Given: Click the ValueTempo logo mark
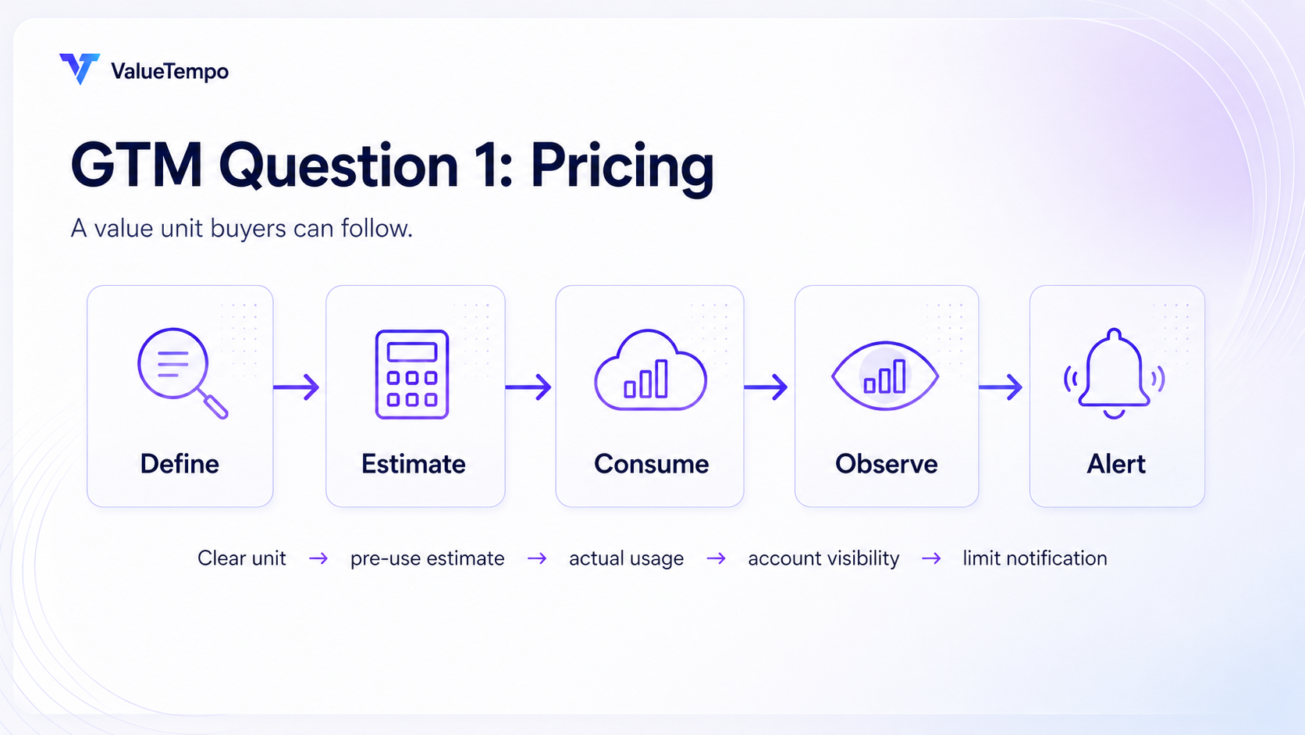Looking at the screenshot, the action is (80, 69).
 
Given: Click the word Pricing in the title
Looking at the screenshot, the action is (622, 169).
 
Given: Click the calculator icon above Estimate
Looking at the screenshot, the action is (412, 374).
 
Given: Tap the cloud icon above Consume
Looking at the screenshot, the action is (650, 370).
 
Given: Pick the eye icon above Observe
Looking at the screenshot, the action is (885, 376).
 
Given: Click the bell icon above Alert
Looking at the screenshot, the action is (1114, 373).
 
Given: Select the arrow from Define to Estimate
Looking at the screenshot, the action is (296, 387).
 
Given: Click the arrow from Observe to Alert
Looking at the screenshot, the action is (1001, 387).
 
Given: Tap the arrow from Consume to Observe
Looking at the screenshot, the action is (766, 387).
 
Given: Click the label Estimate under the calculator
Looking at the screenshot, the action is (414, 464).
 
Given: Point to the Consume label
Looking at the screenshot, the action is (652, 464).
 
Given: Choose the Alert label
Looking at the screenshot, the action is (1116, 464).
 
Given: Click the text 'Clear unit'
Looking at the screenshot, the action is (242, 558).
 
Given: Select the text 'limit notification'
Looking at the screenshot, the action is (1035, 558).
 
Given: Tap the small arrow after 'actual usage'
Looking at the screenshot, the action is (716, 559).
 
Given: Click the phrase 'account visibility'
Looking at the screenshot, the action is (823, 558).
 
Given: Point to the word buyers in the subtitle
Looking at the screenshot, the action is (248, 229).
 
